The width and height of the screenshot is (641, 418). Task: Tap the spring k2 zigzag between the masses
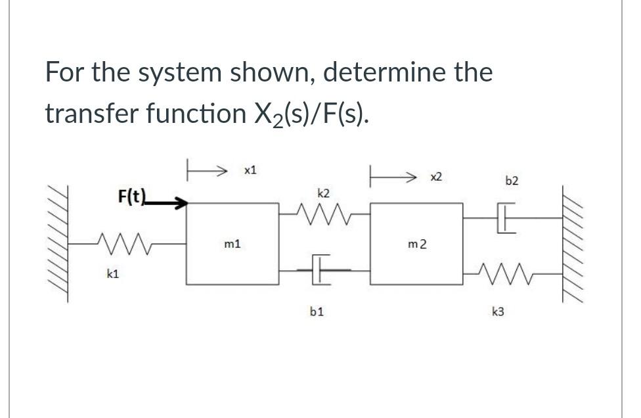(322, 212)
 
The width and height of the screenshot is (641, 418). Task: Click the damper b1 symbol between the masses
(320, 268)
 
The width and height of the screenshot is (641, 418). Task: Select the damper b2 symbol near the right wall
(507, 221)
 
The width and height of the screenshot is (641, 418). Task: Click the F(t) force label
(130, 195)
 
